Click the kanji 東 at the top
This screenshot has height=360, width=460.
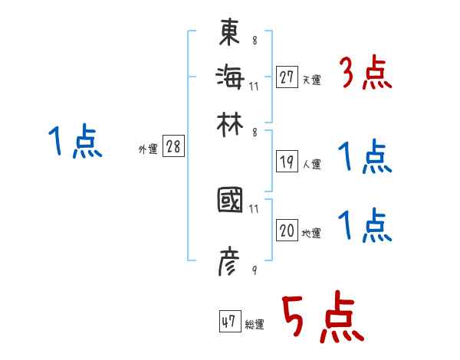pyautogui.click(x=230, y=33)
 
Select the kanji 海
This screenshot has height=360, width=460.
pyautogui.click(x=230, y=76)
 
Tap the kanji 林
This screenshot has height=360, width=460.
pyautogui.click(x=230, y=123)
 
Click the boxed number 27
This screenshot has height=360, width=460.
pyautogui.click(x=287, y=77)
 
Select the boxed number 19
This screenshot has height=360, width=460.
pyautogui.click(x=287, y=161)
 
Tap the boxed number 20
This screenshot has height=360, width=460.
pyautogui.click(x=287, y=231)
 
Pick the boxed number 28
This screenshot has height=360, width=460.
pyautogui.click(x=173, y=147)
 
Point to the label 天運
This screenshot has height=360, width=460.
pyautogui.click(x=311, y=80)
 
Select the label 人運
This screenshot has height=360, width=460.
pyautogui.click(x=311, y=164)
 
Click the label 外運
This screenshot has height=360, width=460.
pyautogui.click(x=148, y=150)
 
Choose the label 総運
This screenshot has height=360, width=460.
pyautogui.click(x=255, y=325)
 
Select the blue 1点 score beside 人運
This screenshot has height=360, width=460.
pyautogui.click(x=365, y=158)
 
